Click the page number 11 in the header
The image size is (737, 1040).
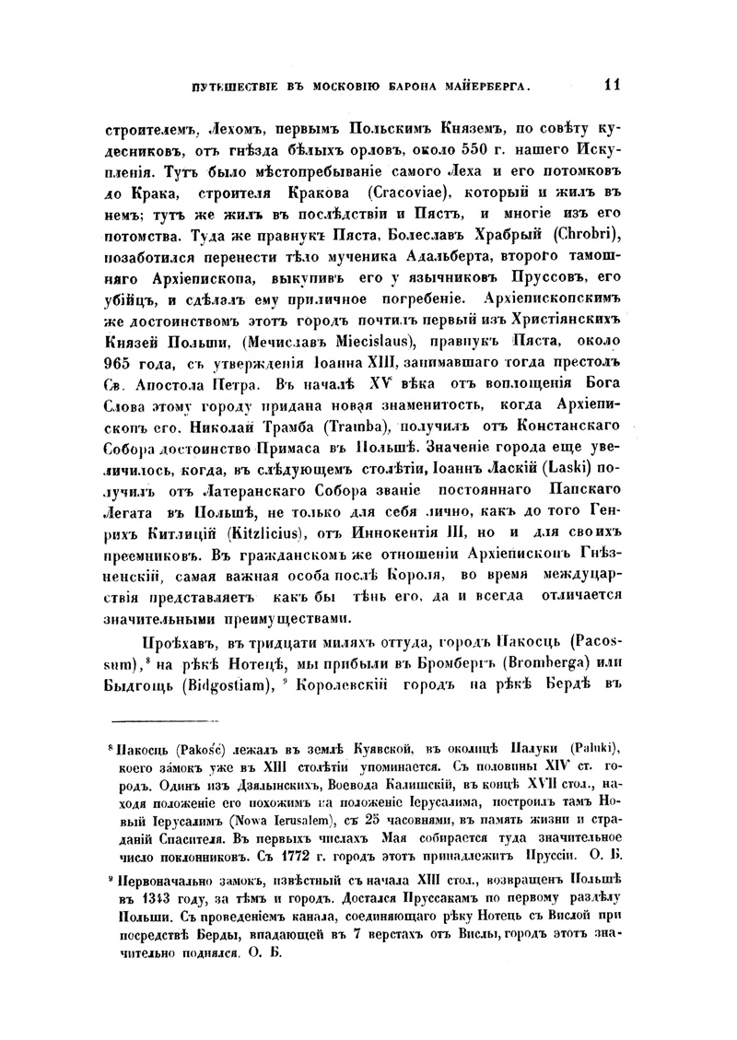(x=612, y=86)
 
